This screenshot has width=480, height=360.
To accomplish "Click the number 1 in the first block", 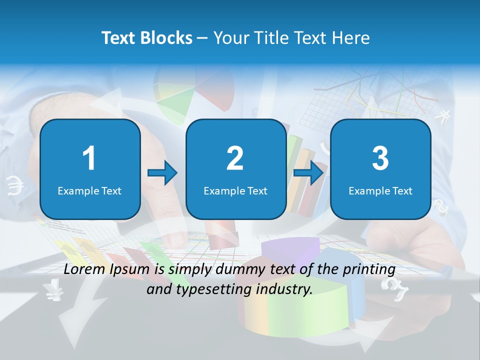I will [89, 158].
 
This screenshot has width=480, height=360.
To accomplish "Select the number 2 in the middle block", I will [235, 158].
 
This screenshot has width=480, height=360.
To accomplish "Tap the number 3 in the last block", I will [380, 158].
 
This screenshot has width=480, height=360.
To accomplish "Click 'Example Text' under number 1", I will [89, 191].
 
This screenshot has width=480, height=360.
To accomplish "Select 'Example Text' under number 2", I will [235, 191].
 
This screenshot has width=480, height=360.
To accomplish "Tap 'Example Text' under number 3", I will [380, 191].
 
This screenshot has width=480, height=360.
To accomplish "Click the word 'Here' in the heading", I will [350, 38].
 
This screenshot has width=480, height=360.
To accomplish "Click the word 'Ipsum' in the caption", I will [129, 269].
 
